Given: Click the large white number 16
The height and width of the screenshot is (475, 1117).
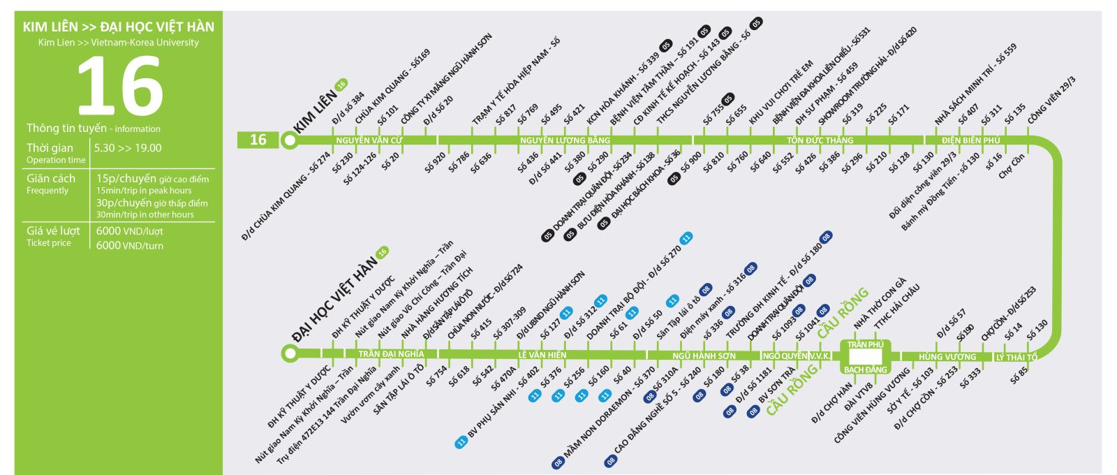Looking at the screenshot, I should (119, 87).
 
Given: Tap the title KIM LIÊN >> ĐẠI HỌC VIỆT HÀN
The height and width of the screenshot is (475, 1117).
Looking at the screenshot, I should (118, 27).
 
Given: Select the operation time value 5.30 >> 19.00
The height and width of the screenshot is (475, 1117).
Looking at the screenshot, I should (128, 148).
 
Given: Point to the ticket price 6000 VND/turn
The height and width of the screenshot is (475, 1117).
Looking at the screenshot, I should (130, 245).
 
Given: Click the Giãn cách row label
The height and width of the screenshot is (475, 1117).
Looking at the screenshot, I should (51, 179).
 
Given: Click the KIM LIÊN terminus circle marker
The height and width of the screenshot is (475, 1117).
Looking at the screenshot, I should (289, 140).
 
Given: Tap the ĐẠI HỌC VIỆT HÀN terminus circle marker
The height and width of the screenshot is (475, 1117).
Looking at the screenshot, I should (289, 354).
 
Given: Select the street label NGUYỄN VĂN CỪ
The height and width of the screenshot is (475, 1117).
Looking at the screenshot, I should (369, 140).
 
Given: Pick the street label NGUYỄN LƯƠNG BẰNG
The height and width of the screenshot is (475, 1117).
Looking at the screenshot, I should (565, 140).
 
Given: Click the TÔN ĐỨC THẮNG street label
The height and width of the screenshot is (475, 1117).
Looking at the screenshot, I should (820, 140).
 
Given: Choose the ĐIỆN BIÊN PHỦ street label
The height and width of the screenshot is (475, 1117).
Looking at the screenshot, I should (970, 140).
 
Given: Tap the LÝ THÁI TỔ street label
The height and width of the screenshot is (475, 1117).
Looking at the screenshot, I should (1016, 358).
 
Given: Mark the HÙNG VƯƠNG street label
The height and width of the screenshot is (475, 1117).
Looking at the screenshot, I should (947, 357).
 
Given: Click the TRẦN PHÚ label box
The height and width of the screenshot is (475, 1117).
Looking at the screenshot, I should (866, 344).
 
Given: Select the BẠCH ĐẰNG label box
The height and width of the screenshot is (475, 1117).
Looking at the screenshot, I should (866, 370).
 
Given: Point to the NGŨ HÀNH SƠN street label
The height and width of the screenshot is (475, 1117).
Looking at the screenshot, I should (704, 356).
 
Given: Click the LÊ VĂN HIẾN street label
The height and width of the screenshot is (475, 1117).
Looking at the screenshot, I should (542, 355).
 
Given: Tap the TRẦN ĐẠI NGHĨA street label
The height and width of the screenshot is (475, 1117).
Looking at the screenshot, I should (391, 354).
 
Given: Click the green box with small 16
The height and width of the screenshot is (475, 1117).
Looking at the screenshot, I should (258, 140).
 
